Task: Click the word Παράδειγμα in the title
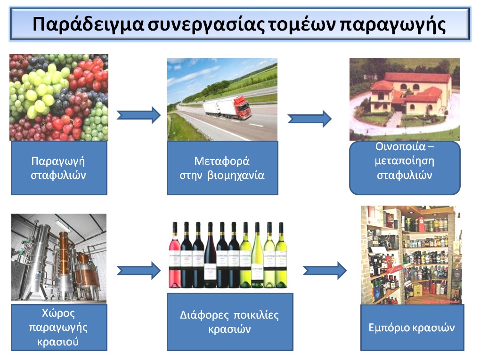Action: pyautogui.click(x=88, y=24)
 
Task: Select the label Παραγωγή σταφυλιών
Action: pyautogui.click(x=58, y=168)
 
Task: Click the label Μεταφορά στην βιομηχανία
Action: pyautogui.click(x=222, y=168)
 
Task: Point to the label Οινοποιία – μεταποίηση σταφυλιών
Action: pyautogui.click(x=405, y=161)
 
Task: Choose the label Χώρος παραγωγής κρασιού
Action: pyautogui.click(x=58, y=327)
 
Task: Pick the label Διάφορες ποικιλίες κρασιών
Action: pyautogui.click(x=229, y=322)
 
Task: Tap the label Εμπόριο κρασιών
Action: pyautogui.click(x=411, y=328)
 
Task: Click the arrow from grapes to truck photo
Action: pyautogui.click(x=138, y=115)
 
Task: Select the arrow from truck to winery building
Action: pyautogui.click(x=309, y=119)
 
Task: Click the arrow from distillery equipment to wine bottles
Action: pyautogui.click(x=138, y=271)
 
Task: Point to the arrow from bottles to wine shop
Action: pyautogui.click(x=325, y=271)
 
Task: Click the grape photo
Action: pyautogui.click(x=59, y=97)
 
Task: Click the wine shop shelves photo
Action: pyautogui.click(x=411, y=255)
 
